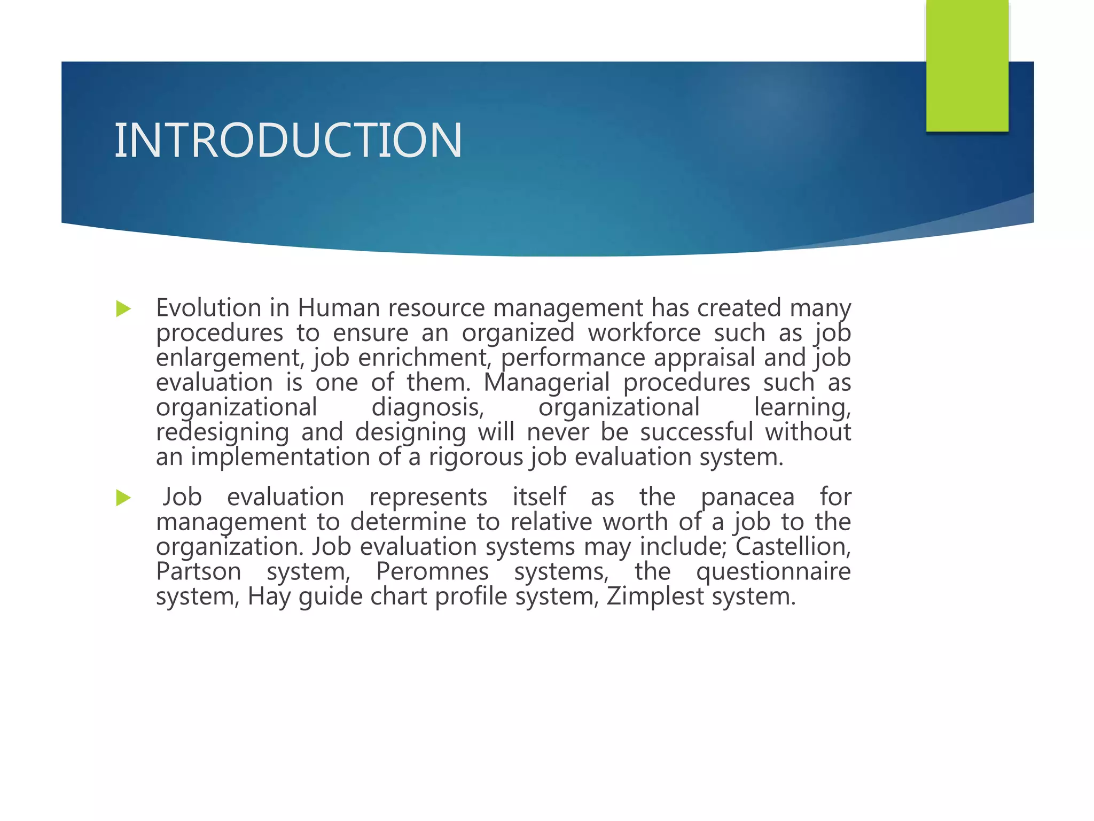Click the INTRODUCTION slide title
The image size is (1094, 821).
pyautogui.click(x=288, y=140)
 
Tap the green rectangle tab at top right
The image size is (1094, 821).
pyautogui.click(x=967, y=65)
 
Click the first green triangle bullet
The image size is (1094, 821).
pyautogui.click(x=123, y=308)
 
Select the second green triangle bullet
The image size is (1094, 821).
pyautogui.click(x=123, y=498)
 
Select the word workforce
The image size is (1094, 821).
pyautogui.click(x=644, y=333)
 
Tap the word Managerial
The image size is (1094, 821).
pyautogui.click(x=546, y=383)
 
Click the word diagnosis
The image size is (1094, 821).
pyautogui.click(x=427, y=408)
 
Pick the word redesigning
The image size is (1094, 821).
pyautogui.click(x=222, y=432)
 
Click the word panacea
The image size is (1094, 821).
pyautogui.click(x=747, y=498)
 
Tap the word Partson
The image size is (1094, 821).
pyautogui.click(x=199, y=571)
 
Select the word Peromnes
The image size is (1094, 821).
pyautogui.click(x=432, y=571)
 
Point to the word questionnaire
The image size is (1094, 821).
pyautogui.click(x=773, y=572)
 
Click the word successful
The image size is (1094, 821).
pyautogui.click(x=697, y=432)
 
